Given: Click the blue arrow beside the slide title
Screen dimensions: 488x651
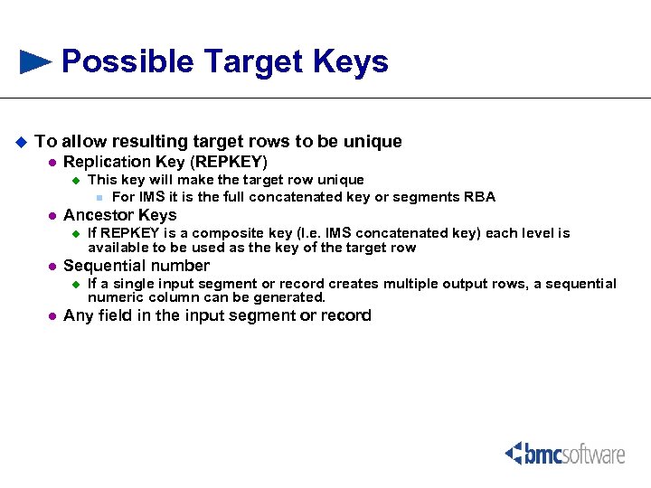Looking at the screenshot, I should [x=35, y=61].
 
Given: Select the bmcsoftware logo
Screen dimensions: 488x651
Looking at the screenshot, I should [x=564, y=453].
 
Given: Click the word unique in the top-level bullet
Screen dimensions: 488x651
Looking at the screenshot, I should [x=372, y=142].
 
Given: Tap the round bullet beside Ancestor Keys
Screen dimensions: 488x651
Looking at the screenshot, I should [x=52, y=216].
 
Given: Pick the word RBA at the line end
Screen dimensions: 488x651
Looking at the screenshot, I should [x=479, y=197].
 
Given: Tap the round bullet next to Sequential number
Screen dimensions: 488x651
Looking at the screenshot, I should [x=52, y=267].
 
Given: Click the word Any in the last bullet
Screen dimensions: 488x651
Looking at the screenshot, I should [x=77, y=315].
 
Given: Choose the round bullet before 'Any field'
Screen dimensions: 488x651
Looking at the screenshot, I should [x=52, y=316].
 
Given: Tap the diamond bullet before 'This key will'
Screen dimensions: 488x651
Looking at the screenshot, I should [x=76, y=181].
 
